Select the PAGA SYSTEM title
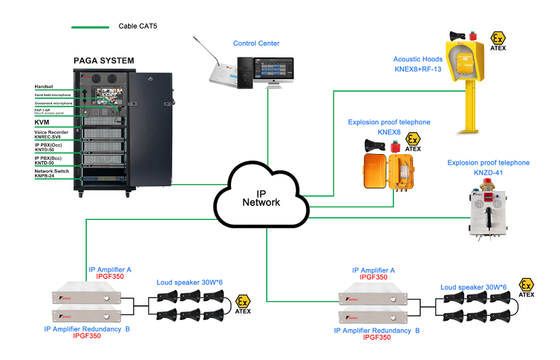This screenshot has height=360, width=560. [104, 61]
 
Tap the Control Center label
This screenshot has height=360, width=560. [256, 43]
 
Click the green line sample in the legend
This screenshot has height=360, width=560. [90, 27]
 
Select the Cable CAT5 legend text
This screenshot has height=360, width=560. [147, 27]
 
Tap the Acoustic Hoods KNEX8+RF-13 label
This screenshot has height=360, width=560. [417, 64]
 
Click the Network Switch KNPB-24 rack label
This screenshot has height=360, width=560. [55, 174]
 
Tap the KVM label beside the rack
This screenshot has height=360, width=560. [43, 122]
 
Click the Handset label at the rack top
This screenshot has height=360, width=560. [44, 86]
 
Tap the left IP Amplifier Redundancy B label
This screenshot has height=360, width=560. [87, 328]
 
